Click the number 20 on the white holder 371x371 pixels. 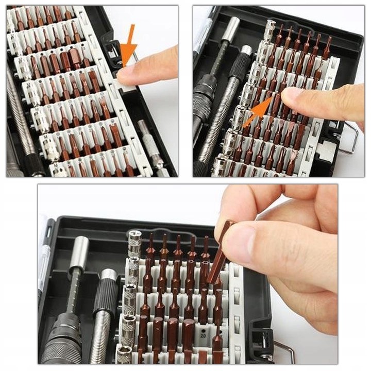coord(204,333)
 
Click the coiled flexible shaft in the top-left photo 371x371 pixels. coord(21,119)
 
